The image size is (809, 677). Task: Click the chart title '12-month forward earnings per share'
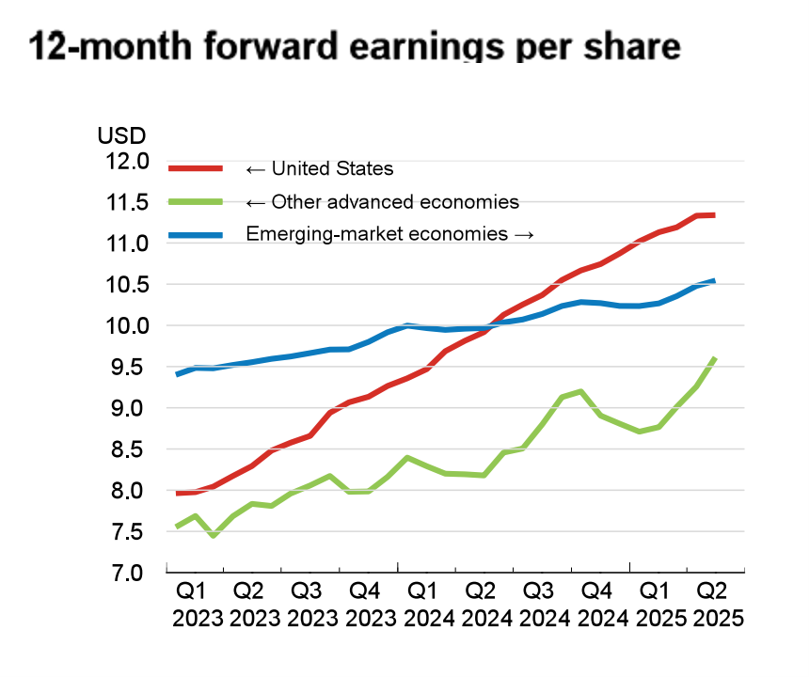[355, 45]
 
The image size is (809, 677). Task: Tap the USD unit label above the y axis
[122, 136]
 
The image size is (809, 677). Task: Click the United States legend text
[319, 169]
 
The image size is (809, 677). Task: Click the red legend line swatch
[196, 169]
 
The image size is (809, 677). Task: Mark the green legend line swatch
[196, 202]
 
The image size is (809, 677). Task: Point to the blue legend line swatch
[196, 234]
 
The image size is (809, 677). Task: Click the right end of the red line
[714, 215]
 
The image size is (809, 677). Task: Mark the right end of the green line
[716, 357]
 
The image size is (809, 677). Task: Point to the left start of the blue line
[177, 374]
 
